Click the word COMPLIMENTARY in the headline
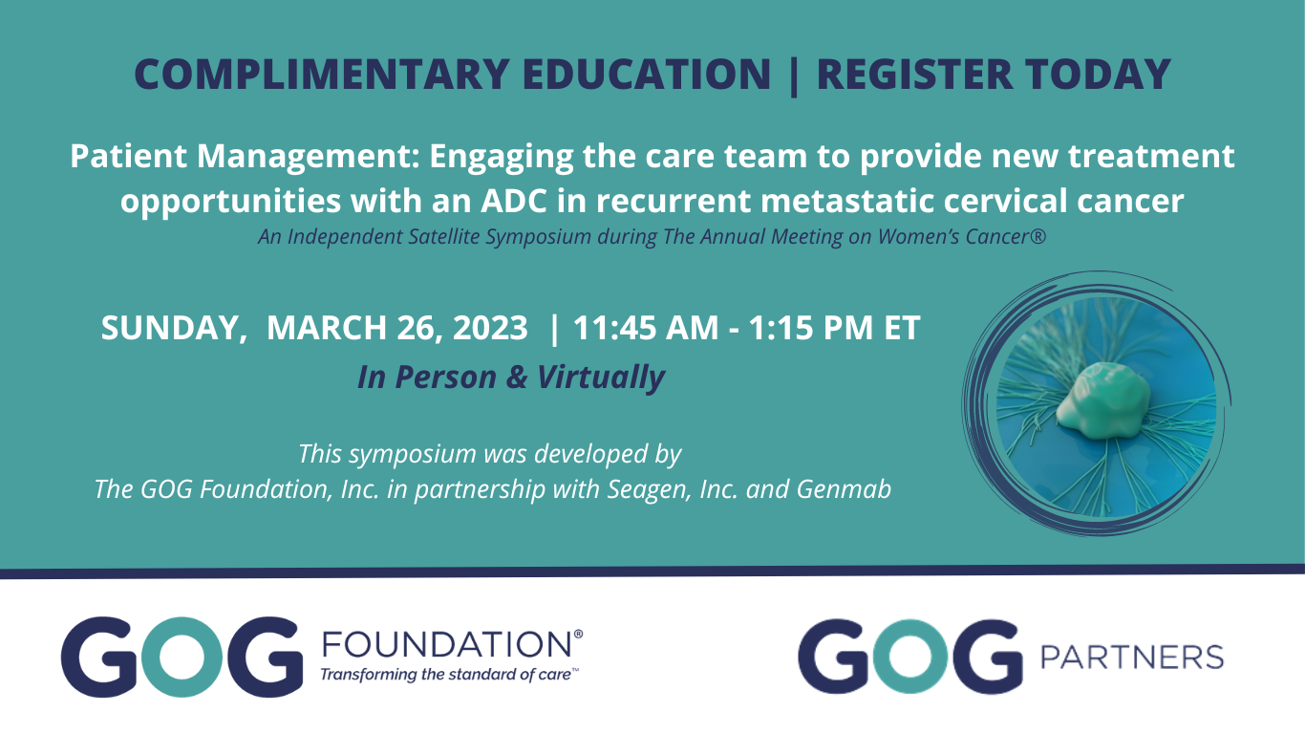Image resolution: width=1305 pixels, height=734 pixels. pos(322,74)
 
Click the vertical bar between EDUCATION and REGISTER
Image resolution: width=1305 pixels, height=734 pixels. pos(793,76)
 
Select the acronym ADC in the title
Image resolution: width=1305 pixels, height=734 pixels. pos(514,201)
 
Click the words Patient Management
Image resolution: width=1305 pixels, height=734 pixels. pos(245,156)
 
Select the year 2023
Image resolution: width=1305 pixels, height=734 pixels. pos(490,327)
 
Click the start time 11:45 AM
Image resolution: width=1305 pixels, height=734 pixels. pos(646,327)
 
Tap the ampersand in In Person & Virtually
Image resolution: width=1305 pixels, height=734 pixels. pos(516,378)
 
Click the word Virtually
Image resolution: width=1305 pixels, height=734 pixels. pos(601,378)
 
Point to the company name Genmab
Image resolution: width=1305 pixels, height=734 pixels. pos(844,488)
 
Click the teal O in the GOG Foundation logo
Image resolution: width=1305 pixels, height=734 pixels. pos(182,657)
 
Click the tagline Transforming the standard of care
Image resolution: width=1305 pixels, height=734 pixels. pos(447,675)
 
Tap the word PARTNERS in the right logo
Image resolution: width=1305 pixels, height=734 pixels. pos(1132,658)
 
